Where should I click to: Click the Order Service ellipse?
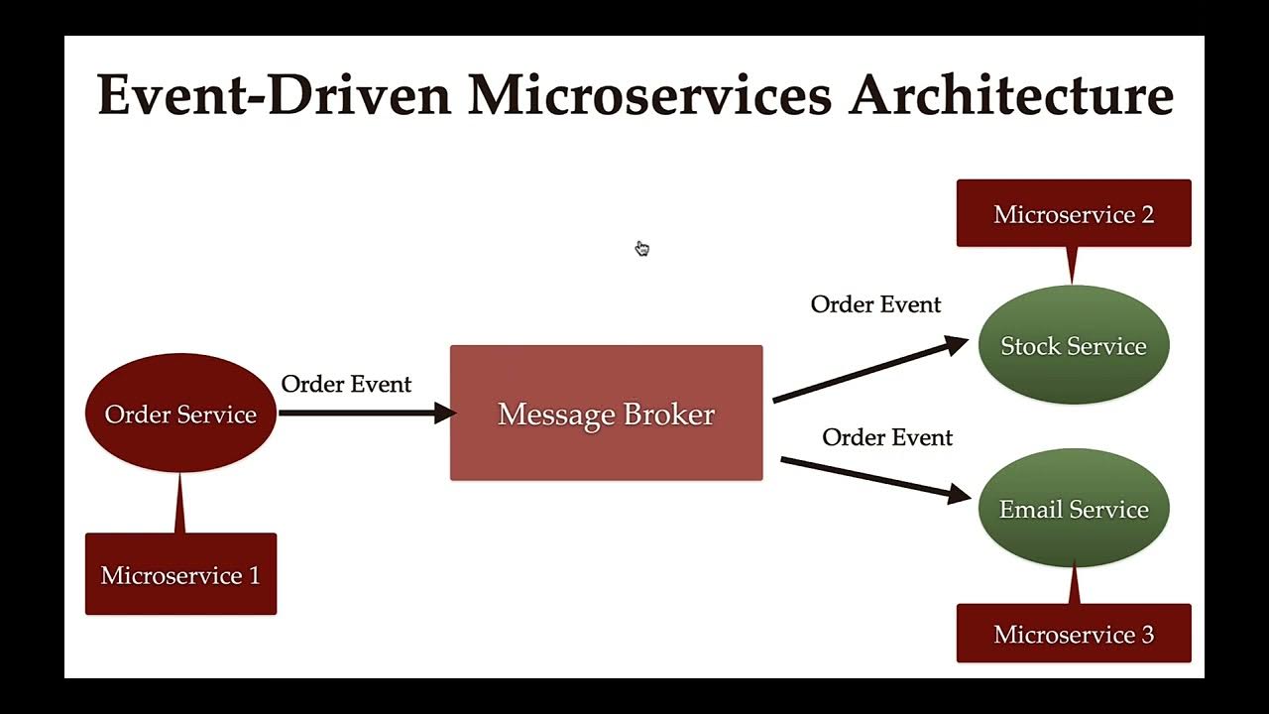point(180,414)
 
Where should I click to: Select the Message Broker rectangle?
point(606,414)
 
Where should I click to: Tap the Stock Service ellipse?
point(1074,345)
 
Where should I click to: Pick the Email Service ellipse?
point(1074,509)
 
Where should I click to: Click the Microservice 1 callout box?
point(180,575)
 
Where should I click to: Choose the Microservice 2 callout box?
point(1074,214)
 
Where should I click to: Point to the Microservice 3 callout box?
point(1074,634)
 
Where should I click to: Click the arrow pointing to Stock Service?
point(869,370)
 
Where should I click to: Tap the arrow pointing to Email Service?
point(874,478)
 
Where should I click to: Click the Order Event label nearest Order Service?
point(346,384)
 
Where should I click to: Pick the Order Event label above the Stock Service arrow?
point(875,304)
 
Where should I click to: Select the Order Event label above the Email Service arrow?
point(887,437)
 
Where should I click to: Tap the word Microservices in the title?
point(649,96)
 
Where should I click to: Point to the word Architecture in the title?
point(1011,96)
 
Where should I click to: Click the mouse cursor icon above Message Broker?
point(641,248)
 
